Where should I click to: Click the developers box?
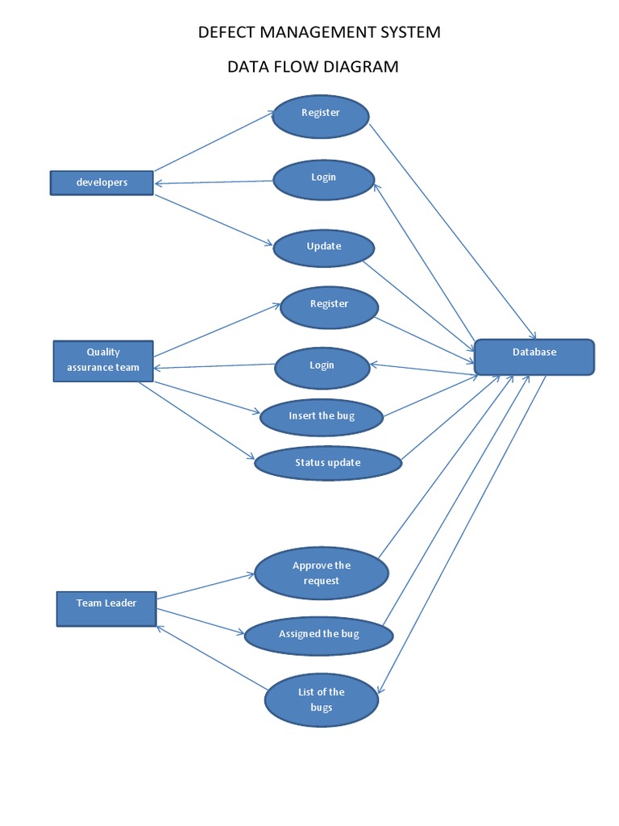102,182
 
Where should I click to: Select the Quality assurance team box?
103,360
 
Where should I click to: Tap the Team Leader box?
106,608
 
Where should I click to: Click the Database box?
534,357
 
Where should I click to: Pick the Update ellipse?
324,248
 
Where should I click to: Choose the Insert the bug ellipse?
322,416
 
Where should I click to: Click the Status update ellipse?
327,463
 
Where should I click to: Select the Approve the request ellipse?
322,574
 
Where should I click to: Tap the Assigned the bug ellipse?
318,635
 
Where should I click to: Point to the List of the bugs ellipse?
321,699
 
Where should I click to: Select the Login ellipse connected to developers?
323,179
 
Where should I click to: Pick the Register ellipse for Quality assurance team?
329,307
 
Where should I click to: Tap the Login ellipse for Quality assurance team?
322,367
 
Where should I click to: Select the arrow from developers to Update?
214,219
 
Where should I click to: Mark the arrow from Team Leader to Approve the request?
206,587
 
